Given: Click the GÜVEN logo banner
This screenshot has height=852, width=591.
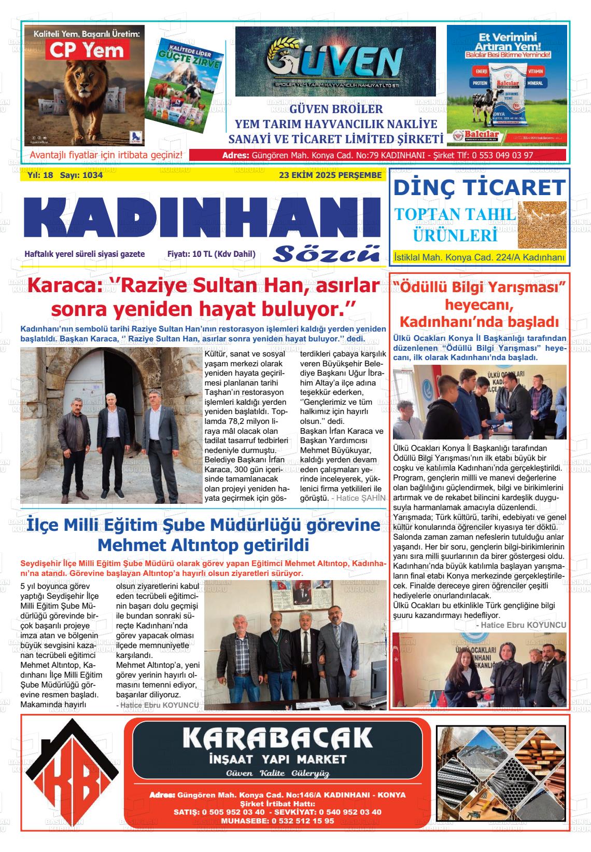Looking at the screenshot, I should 335,62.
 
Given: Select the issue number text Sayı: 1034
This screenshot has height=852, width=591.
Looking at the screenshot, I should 81,175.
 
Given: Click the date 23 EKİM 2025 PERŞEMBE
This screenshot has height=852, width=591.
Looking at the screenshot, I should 330,175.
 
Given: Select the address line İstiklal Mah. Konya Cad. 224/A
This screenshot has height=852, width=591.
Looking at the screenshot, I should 479,257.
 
